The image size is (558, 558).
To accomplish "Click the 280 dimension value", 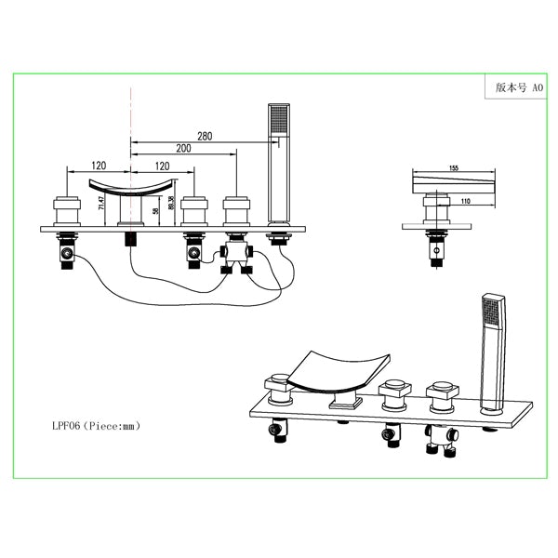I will click(204, 136).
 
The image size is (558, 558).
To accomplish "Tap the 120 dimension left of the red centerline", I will click(99, 166).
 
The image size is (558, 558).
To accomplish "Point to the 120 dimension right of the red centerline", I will click(164, 166).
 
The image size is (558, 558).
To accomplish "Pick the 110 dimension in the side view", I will click(467, 201).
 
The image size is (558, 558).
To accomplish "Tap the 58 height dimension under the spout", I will click(155, 210).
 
